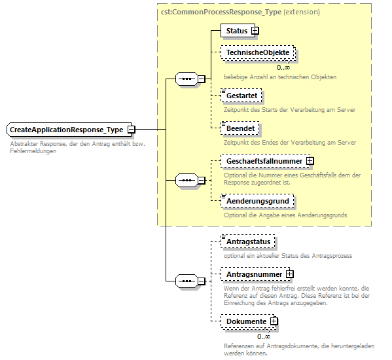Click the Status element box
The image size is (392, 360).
[x=236, y=31]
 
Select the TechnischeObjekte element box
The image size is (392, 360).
[x=257, y=52]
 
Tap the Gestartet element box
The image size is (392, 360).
[x=241, y=96]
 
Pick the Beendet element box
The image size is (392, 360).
[x=240, y=128]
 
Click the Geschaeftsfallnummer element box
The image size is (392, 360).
[x=264, y=160]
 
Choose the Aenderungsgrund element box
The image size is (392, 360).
[x=256, y=201]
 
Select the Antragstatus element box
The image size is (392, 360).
[x=247, y=242]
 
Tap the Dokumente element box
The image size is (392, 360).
[x=245, y=321]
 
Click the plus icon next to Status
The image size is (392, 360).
[x=255, y=31]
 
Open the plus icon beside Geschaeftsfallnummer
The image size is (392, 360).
[x=310, y=160]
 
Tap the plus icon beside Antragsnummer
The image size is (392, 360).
[x=289, y=274]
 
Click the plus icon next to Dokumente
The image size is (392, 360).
[x=274, y=321]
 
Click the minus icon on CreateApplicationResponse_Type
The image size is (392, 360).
[x=131, y=130]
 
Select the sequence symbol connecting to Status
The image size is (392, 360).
[x=187, y=79]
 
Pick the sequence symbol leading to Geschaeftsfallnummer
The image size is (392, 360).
[x=187, y=180]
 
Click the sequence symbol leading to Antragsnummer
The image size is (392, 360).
[x=187, y=281]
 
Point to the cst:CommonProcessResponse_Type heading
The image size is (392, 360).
[x=240, y=12]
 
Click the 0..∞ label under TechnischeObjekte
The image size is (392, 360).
[x=283, y=67]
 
